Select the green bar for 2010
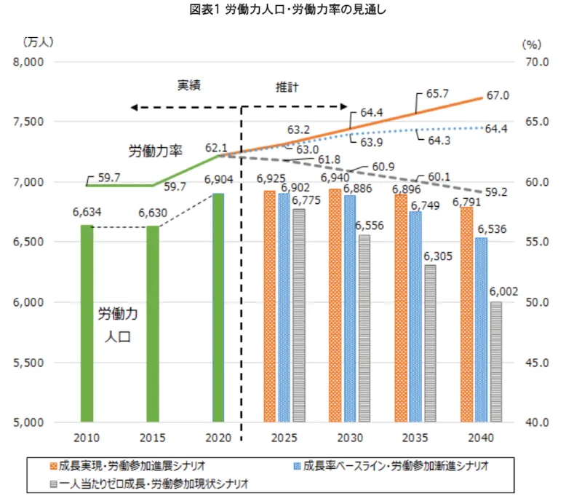point(87,323)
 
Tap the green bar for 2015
point(152,323)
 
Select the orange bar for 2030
point(335,305)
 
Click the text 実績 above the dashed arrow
point(189,85)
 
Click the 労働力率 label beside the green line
point(155,151)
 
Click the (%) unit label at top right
point(533,44)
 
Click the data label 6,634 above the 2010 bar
point(87,213)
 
